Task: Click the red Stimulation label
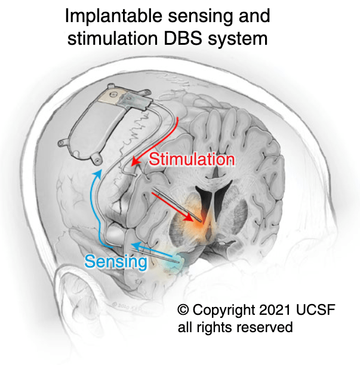click(192, 160)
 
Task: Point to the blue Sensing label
click(115, 261)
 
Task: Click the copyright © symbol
click(183, 310)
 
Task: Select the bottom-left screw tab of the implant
click(63, 142)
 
